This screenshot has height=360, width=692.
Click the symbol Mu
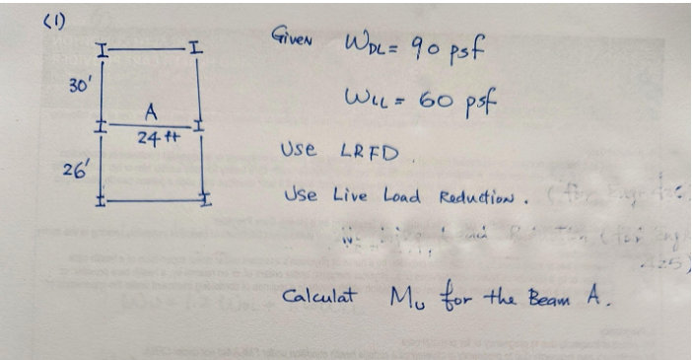400,296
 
